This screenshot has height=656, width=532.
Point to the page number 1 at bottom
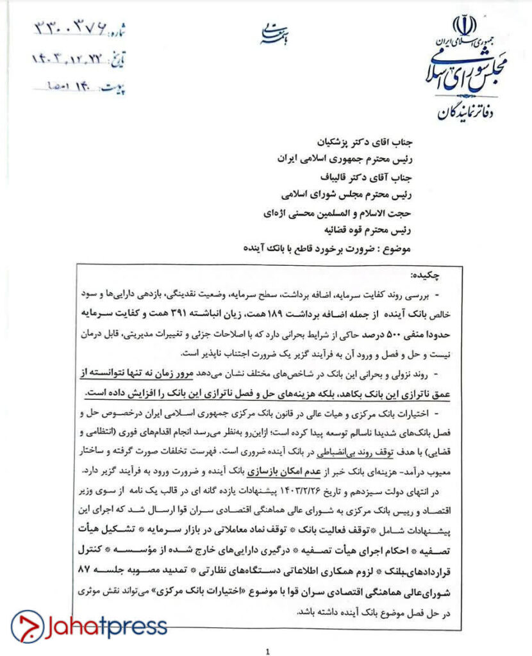[267, 652]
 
